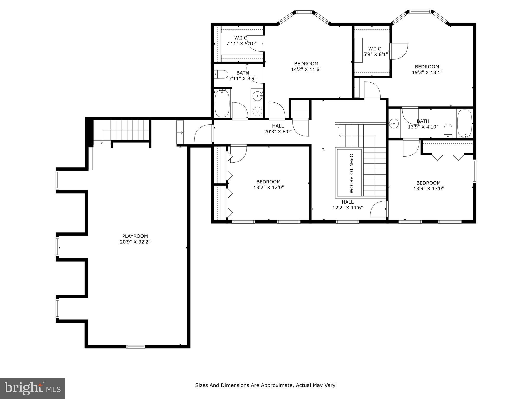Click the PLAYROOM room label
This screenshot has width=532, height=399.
click(135, 236)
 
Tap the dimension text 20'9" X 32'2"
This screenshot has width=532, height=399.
click(135, 242)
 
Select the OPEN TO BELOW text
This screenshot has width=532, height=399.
click(351, 173)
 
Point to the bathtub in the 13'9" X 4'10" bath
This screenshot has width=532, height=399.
click(464, 123)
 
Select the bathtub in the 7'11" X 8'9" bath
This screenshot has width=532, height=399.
click(222, 103)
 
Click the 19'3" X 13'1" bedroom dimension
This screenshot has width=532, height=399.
click(427, 72)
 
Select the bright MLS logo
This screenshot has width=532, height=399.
click(32, 388)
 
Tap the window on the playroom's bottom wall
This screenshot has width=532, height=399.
click(136, 346)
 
